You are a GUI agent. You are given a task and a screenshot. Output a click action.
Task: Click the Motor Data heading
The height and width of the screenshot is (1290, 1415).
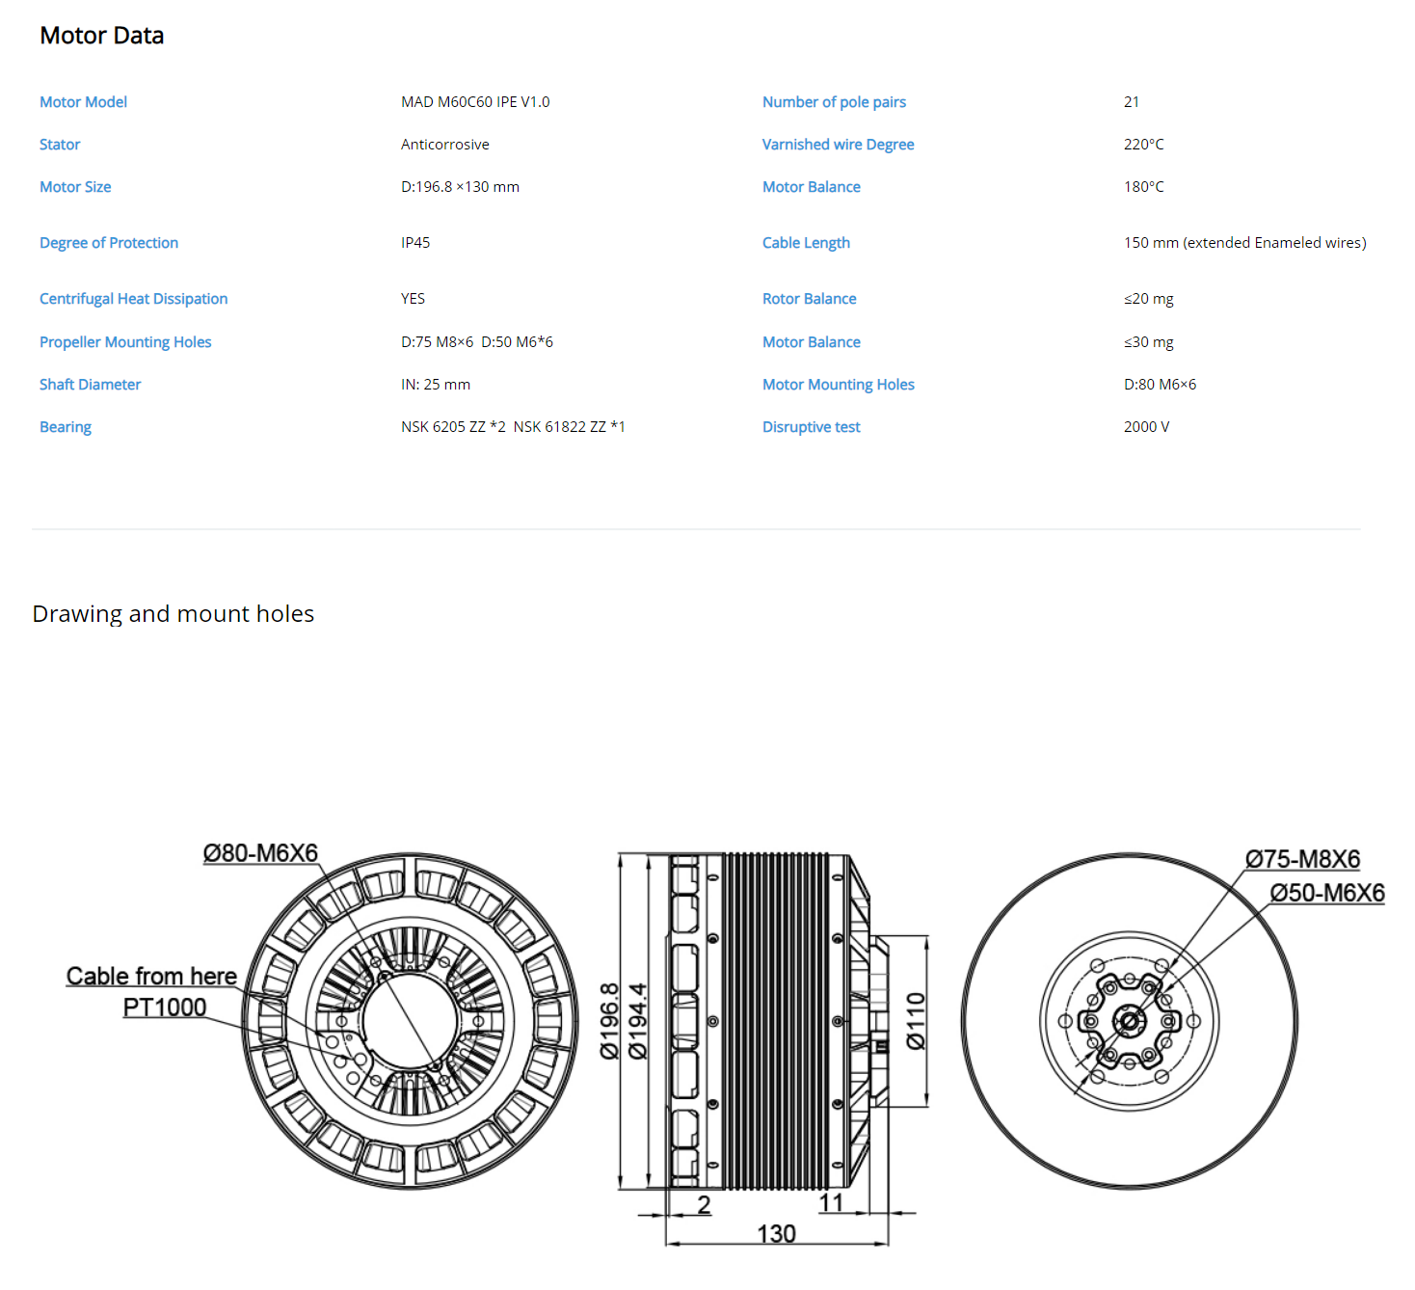pos(101,36)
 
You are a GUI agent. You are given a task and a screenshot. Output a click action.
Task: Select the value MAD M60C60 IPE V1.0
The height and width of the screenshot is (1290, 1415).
pos(475,101)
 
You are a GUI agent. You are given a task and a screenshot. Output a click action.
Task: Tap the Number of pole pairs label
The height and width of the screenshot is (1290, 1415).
pos(834,102)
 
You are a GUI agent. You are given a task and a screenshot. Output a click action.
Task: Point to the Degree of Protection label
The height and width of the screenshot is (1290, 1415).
pos(109,243)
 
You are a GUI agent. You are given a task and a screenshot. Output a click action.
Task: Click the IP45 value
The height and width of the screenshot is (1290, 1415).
pos(415,243)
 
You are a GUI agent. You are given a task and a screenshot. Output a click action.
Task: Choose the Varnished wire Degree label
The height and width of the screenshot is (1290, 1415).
pos(838,145)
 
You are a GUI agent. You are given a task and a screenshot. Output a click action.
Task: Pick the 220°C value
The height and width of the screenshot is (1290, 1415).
pos(1143,144)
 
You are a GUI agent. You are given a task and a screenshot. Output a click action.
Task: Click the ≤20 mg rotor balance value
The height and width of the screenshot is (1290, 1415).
pos(1148,299)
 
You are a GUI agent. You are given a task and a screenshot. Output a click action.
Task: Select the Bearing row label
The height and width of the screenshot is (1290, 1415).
pos(66,427)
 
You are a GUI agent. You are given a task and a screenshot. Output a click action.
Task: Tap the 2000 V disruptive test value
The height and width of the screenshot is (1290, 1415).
pos(1146,427)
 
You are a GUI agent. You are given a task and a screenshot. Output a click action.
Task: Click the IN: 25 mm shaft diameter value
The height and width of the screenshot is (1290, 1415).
pos(436,385)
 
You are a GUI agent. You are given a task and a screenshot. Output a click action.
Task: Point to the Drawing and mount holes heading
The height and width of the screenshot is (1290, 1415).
pos(173,614)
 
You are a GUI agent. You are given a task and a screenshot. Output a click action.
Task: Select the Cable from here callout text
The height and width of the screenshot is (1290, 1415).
pos(151,976)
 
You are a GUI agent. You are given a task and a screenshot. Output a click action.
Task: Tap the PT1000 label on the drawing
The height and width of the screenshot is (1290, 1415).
pos(165,1007)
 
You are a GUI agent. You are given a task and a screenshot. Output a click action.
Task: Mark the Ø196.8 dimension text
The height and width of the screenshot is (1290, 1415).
pos(609,1020)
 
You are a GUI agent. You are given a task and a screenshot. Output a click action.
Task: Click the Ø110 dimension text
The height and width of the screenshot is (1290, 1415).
pos(915,1020)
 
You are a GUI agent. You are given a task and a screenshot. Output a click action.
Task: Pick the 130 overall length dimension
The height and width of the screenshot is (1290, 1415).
pos(776,1233)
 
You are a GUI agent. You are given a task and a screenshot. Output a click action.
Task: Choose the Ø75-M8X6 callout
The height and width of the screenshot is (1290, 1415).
pos(1302,859)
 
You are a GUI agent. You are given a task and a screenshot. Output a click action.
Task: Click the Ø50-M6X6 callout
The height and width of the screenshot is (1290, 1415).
pos(1327,893)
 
